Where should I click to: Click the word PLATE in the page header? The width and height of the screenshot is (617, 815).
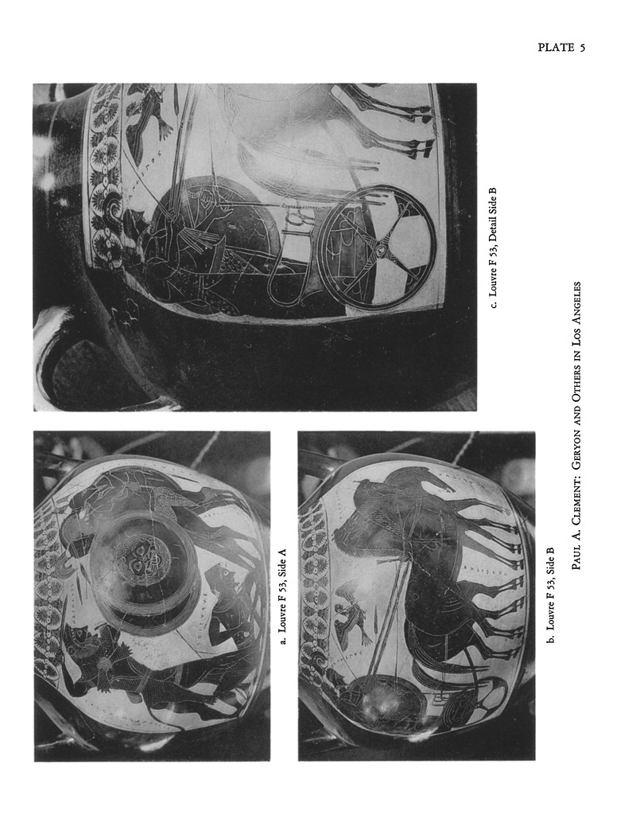556,47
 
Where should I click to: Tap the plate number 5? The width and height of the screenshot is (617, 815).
583,48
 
